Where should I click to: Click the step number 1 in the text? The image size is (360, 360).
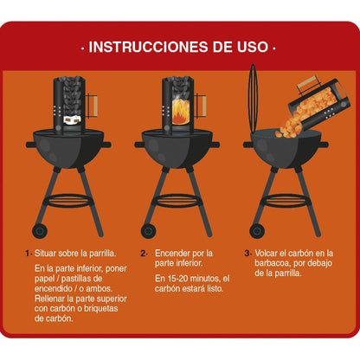tap(28, 254)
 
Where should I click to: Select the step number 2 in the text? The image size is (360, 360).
tap(145, 254)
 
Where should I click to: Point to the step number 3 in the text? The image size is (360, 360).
tap(247, 254)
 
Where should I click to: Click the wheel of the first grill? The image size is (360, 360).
tap(40, 230)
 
